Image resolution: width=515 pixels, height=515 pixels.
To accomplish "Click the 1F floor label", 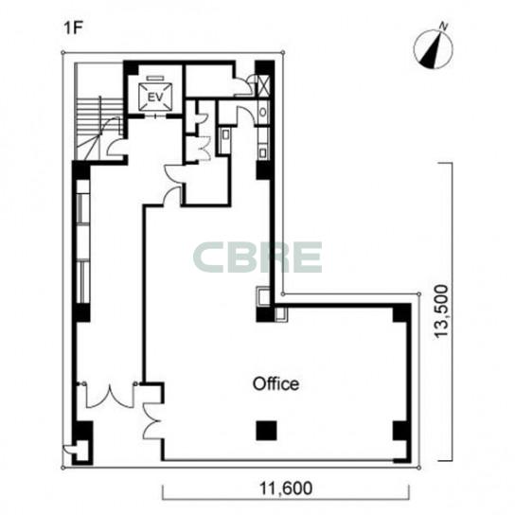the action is (x=73, y=27).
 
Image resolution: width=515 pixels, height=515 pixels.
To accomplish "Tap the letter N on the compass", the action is (x=444, y=27).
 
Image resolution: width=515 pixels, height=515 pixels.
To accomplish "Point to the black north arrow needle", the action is (x=431, y=49).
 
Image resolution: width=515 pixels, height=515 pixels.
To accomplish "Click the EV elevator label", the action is (x=155, y=98).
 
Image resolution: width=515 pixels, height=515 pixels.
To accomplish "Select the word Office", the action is (x=275, y=383).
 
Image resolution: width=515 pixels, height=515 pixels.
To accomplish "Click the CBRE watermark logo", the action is (x=257, y=257).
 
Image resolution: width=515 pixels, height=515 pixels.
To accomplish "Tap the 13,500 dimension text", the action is (x=440, y=311).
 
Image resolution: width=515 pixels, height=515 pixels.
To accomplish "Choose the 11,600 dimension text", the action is (x=286, y=488).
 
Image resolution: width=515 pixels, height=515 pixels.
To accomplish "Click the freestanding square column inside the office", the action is (x=266, y=431).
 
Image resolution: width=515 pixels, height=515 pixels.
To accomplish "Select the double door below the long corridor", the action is (x=110, y=396).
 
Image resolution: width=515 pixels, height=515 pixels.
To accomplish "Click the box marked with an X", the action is (x=264, y=85).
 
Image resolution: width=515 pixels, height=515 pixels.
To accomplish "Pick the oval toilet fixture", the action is (x=263, y=112).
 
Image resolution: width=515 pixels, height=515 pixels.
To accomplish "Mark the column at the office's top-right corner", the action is (x=402, y=312).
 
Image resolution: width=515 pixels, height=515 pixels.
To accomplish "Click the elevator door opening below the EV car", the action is (x=155, y=115).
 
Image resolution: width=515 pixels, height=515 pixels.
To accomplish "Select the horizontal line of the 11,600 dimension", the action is (x=286, y=500).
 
